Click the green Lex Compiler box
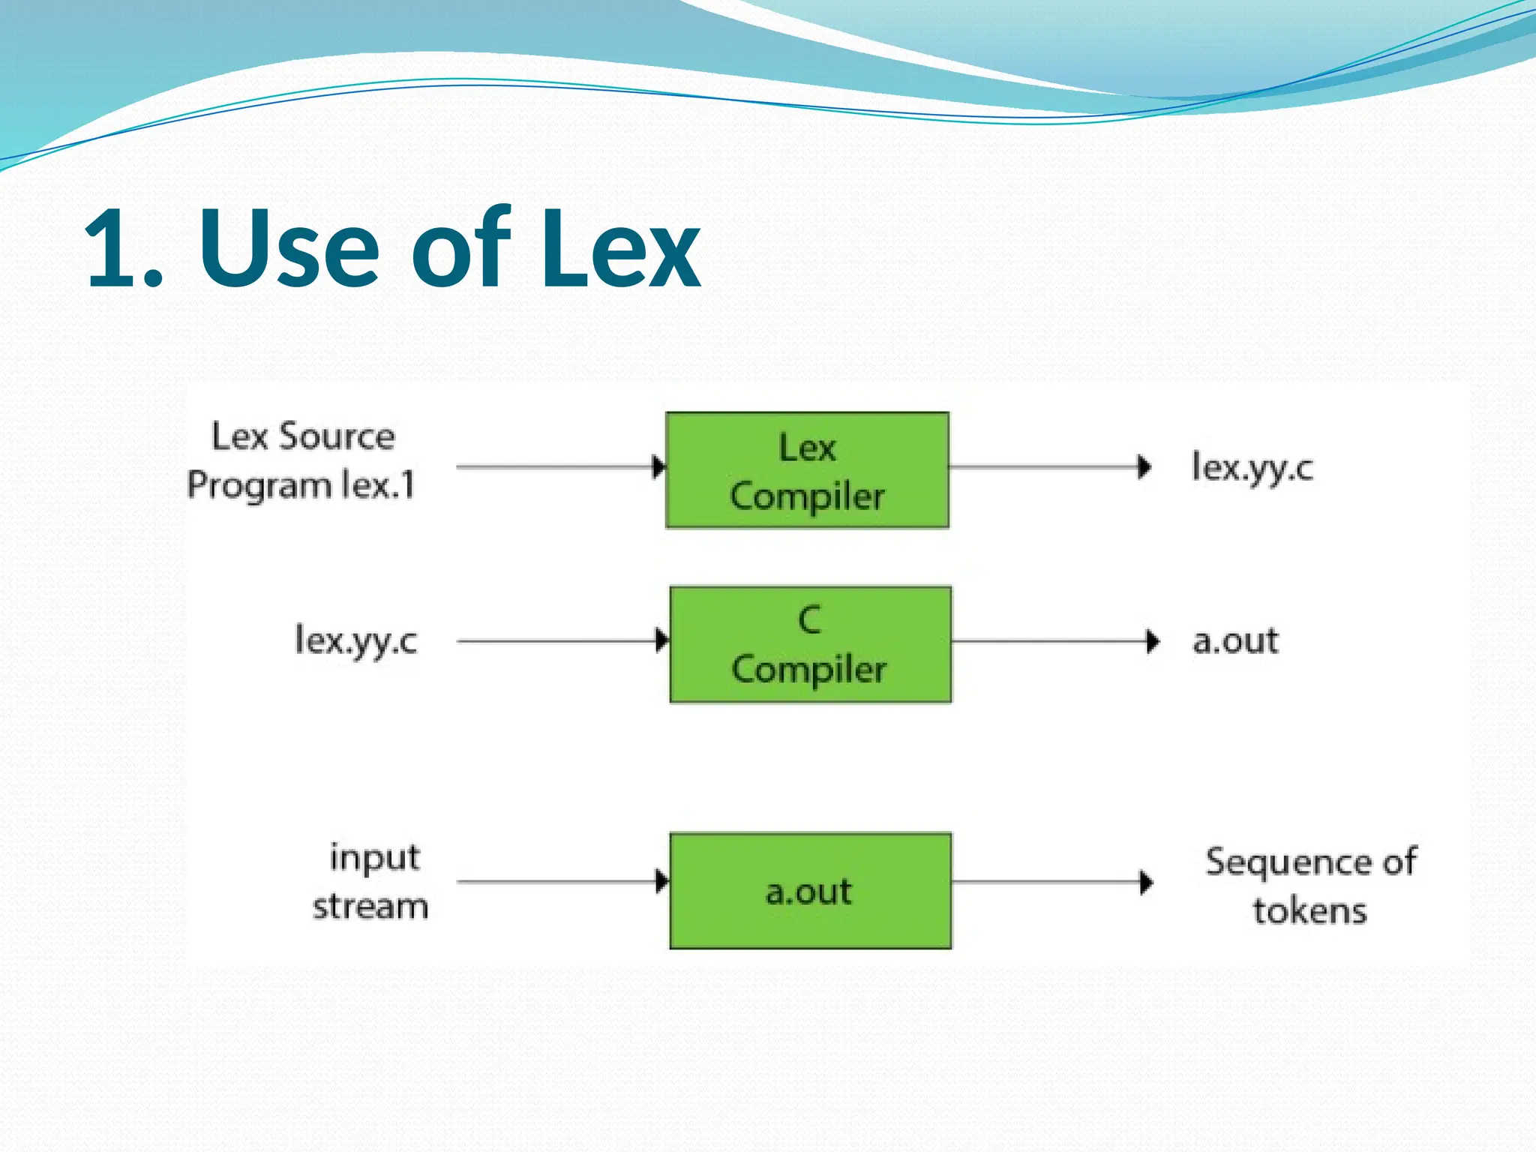pos(807,470)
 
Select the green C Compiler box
pos(810,644)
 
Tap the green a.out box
pos(810,890)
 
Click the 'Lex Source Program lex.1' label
pos(301,460)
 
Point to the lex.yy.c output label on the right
pos(1252,467)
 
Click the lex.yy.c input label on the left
pos(355,640)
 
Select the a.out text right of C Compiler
pos(1235,640)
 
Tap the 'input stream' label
pos(370,881)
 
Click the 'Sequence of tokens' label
pos(1310,885)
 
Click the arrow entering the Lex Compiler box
pos(559,466)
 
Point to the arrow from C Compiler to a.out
pos(1054,640)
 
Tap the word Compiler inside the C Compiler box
pos(808,669)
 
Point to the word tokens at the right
pos(1309,910)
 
